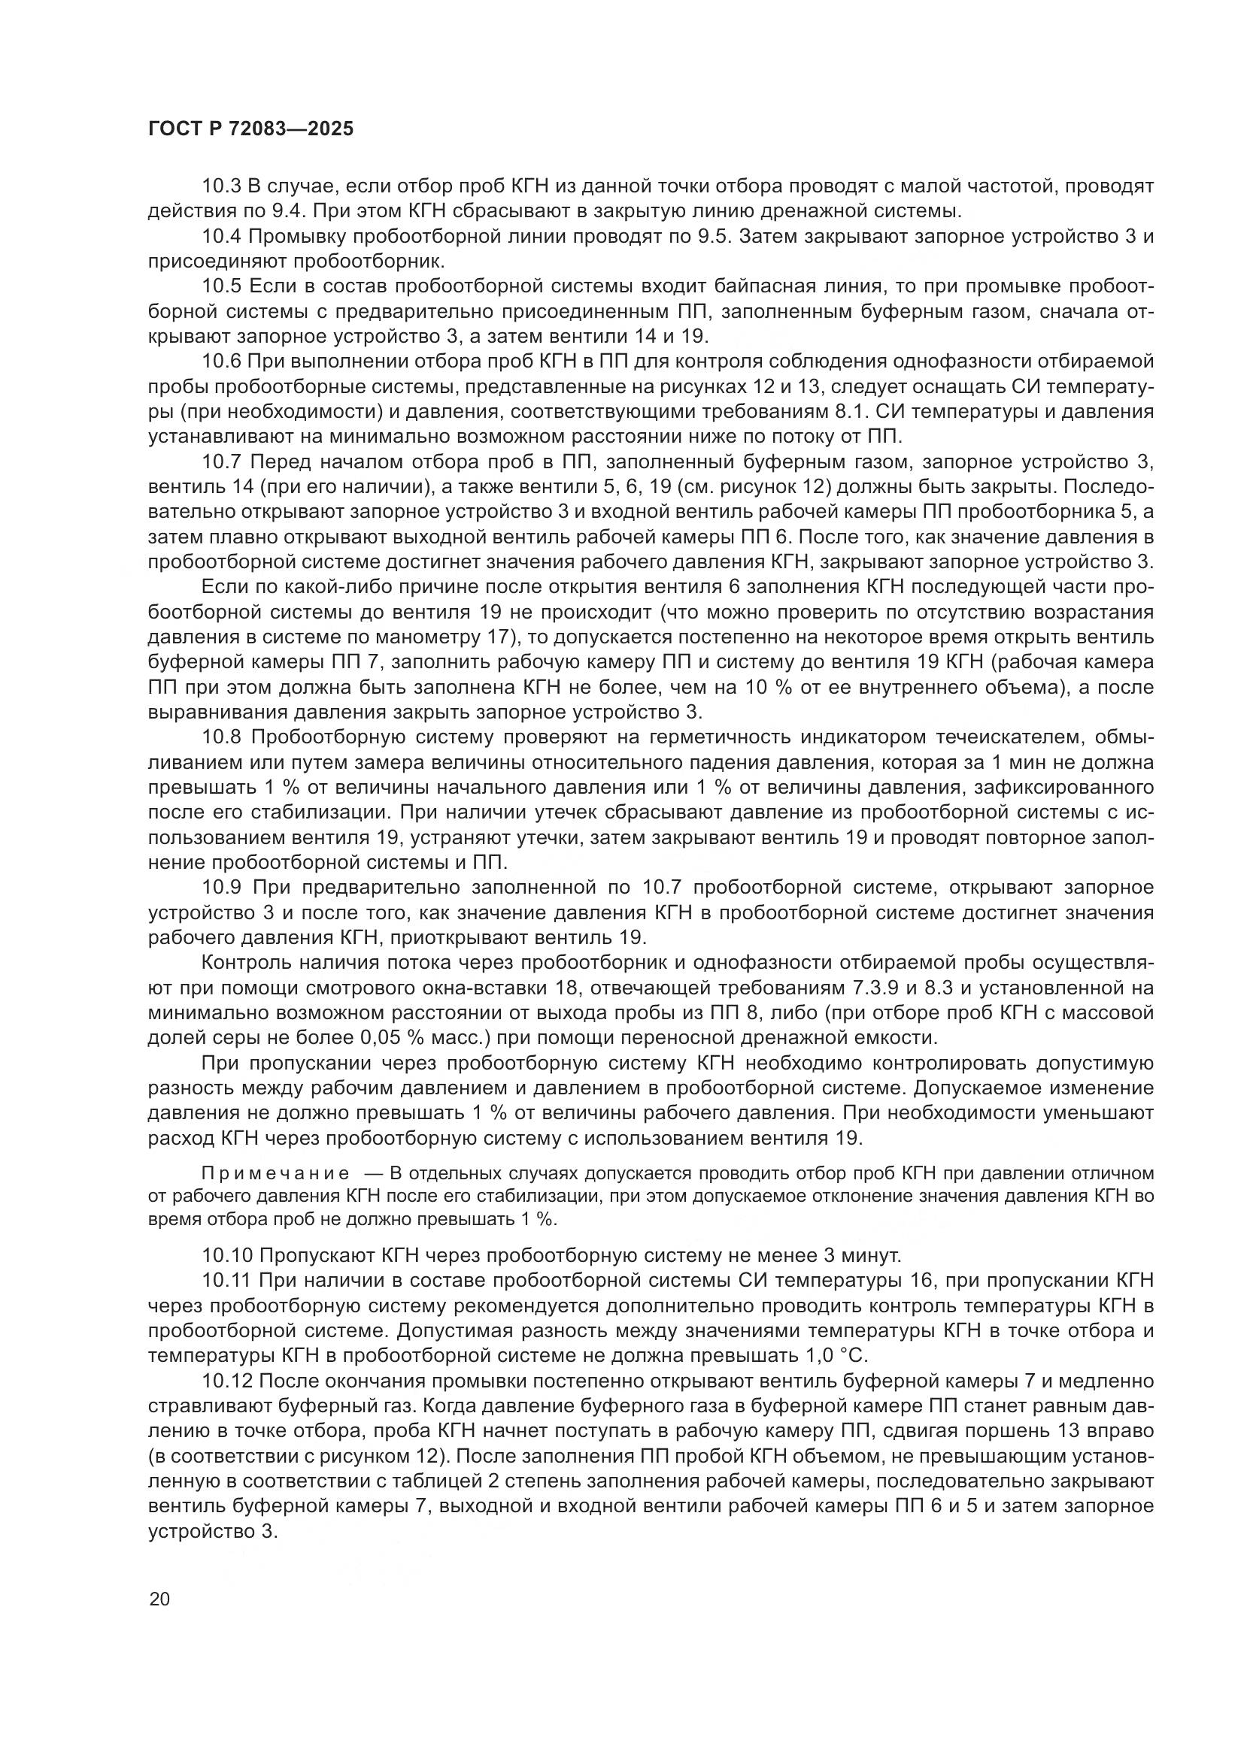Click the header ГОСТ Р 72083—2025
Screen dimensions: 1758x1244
coord(250,129)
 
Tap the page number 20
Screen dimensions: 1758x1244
coord(159,1599)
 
